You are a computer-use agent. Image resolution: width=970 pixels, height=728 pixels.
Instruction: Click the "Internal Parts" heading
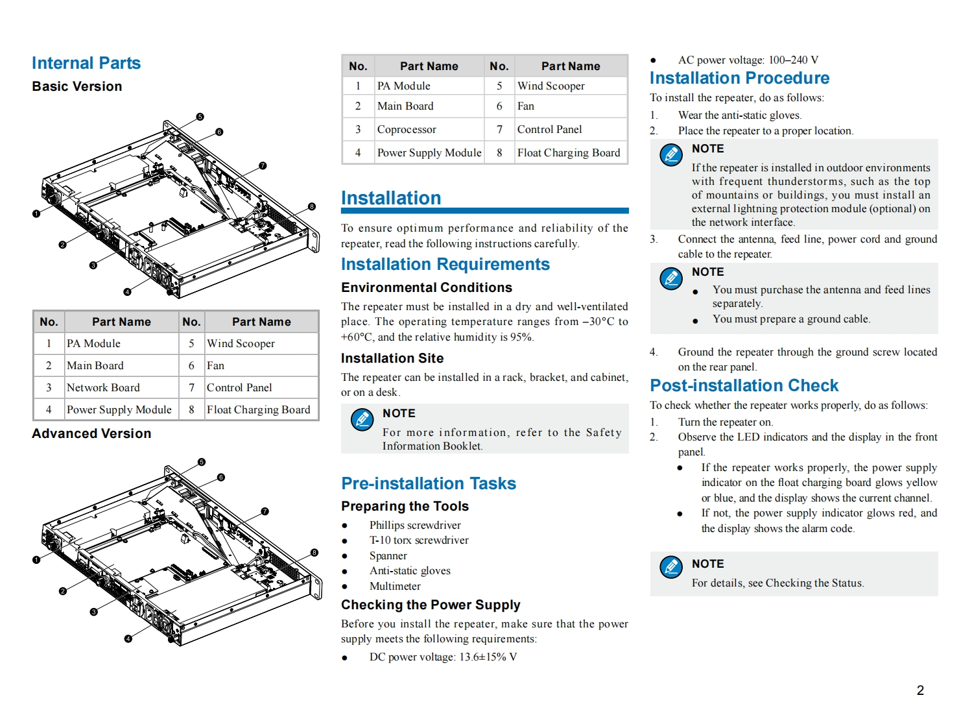86,63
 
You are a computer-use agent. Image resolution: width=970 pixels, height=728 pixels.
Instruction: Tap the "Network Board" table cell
103,387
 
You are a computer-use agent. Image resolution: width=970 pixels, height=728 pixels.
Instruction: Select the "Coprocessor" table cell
407,129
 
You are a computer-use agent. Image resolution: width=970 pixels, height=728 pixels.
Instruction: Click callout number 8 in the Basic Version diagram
312,207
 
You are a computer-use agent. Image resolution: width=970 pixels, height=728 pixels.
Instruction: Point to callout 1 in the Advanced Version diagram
36,560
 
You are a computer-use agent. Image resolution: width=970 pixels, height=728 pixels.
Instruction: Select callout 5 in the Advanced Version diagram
202,462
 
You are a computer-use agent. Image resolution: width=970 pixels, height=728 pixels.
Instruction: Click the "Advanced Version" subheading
91,433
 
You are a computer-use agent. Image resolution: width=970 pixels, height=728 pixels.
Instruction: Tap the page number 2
920,690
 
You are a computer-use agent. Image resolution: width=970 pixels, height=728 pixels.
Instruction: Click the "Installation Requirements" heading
445,264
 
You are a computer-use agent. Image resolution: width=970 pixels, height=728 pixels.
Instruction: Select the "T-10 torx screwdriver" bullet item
419,540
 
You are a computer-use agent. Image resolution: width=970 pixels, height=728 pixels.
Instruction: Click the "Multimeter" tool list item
395,586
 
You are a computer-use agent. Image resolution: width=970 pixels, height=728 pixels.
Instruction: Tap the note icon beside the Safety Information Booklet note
362,420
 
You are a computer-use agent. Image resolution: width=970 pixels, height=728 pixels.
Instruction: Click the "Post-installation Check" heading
744,385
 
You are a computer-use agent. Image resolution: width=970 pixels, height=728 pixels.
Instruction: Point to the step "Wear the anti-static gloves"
739,115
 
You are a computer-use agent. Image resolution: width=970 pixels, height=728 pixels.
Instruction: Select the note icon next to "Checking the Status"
671,567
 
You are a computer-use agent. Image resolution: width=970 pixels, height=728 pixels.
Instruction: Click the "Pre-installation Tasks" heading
428,483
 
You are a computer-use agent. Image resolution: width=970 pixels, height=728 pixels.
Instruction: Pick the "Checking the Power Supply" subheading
431,605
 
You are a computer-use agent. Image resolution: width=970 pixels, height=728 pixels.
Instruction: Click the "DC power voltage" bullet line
443,657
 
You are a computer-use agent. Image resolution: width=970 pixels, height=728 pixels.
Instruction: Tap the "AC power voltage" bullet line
748,60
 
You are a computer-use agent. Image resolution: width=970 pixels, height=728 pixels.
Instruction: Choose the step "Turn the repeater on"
725,422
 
